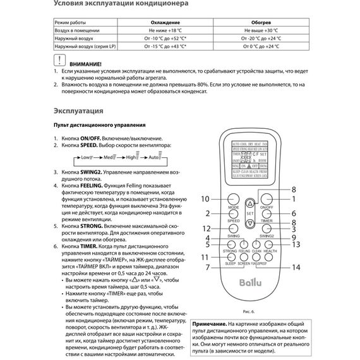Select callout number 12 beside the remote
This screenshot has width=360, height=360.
(205, 228)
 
